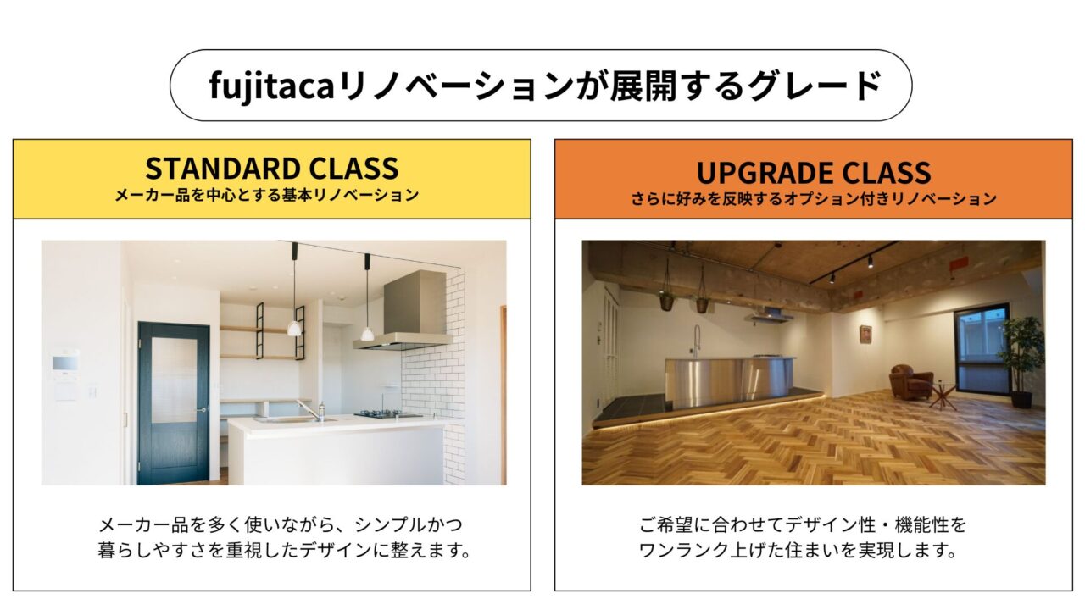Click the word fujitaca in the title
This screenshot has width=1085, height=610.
[272, 86]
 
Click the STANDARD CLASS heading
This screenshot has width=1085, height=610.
[272, 168]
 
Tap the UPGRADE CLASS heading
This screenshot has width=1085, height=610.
[814, 172]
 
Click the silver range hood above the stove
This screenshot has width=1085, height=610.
[406, 310]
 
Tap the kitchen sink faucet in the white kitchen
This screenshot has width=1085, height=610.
[313, 409]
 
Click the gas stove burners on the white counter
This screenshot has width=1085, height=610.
[384, 413]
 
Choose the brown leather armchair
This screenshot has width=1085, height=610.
[911, 382]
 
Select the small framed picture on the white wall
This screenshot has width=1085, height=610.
[866, 334]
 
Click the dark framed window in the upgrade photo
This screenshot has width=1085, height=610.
[982, 348]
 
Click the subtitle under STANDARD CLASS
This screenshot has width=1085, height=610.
[267, 195]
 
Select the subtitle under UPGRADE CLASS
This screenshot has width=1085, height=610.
[814, 198]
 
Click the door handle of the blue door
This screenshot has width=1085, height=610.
[202, 409]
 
